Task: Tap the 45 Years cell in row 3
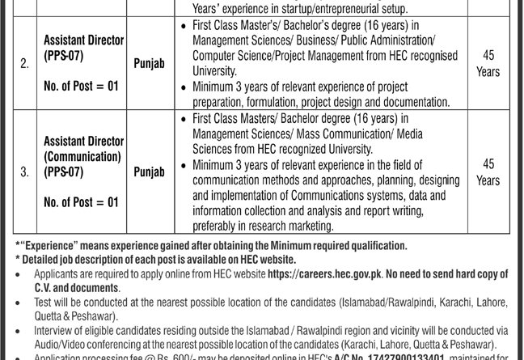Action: pos(488,172)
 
